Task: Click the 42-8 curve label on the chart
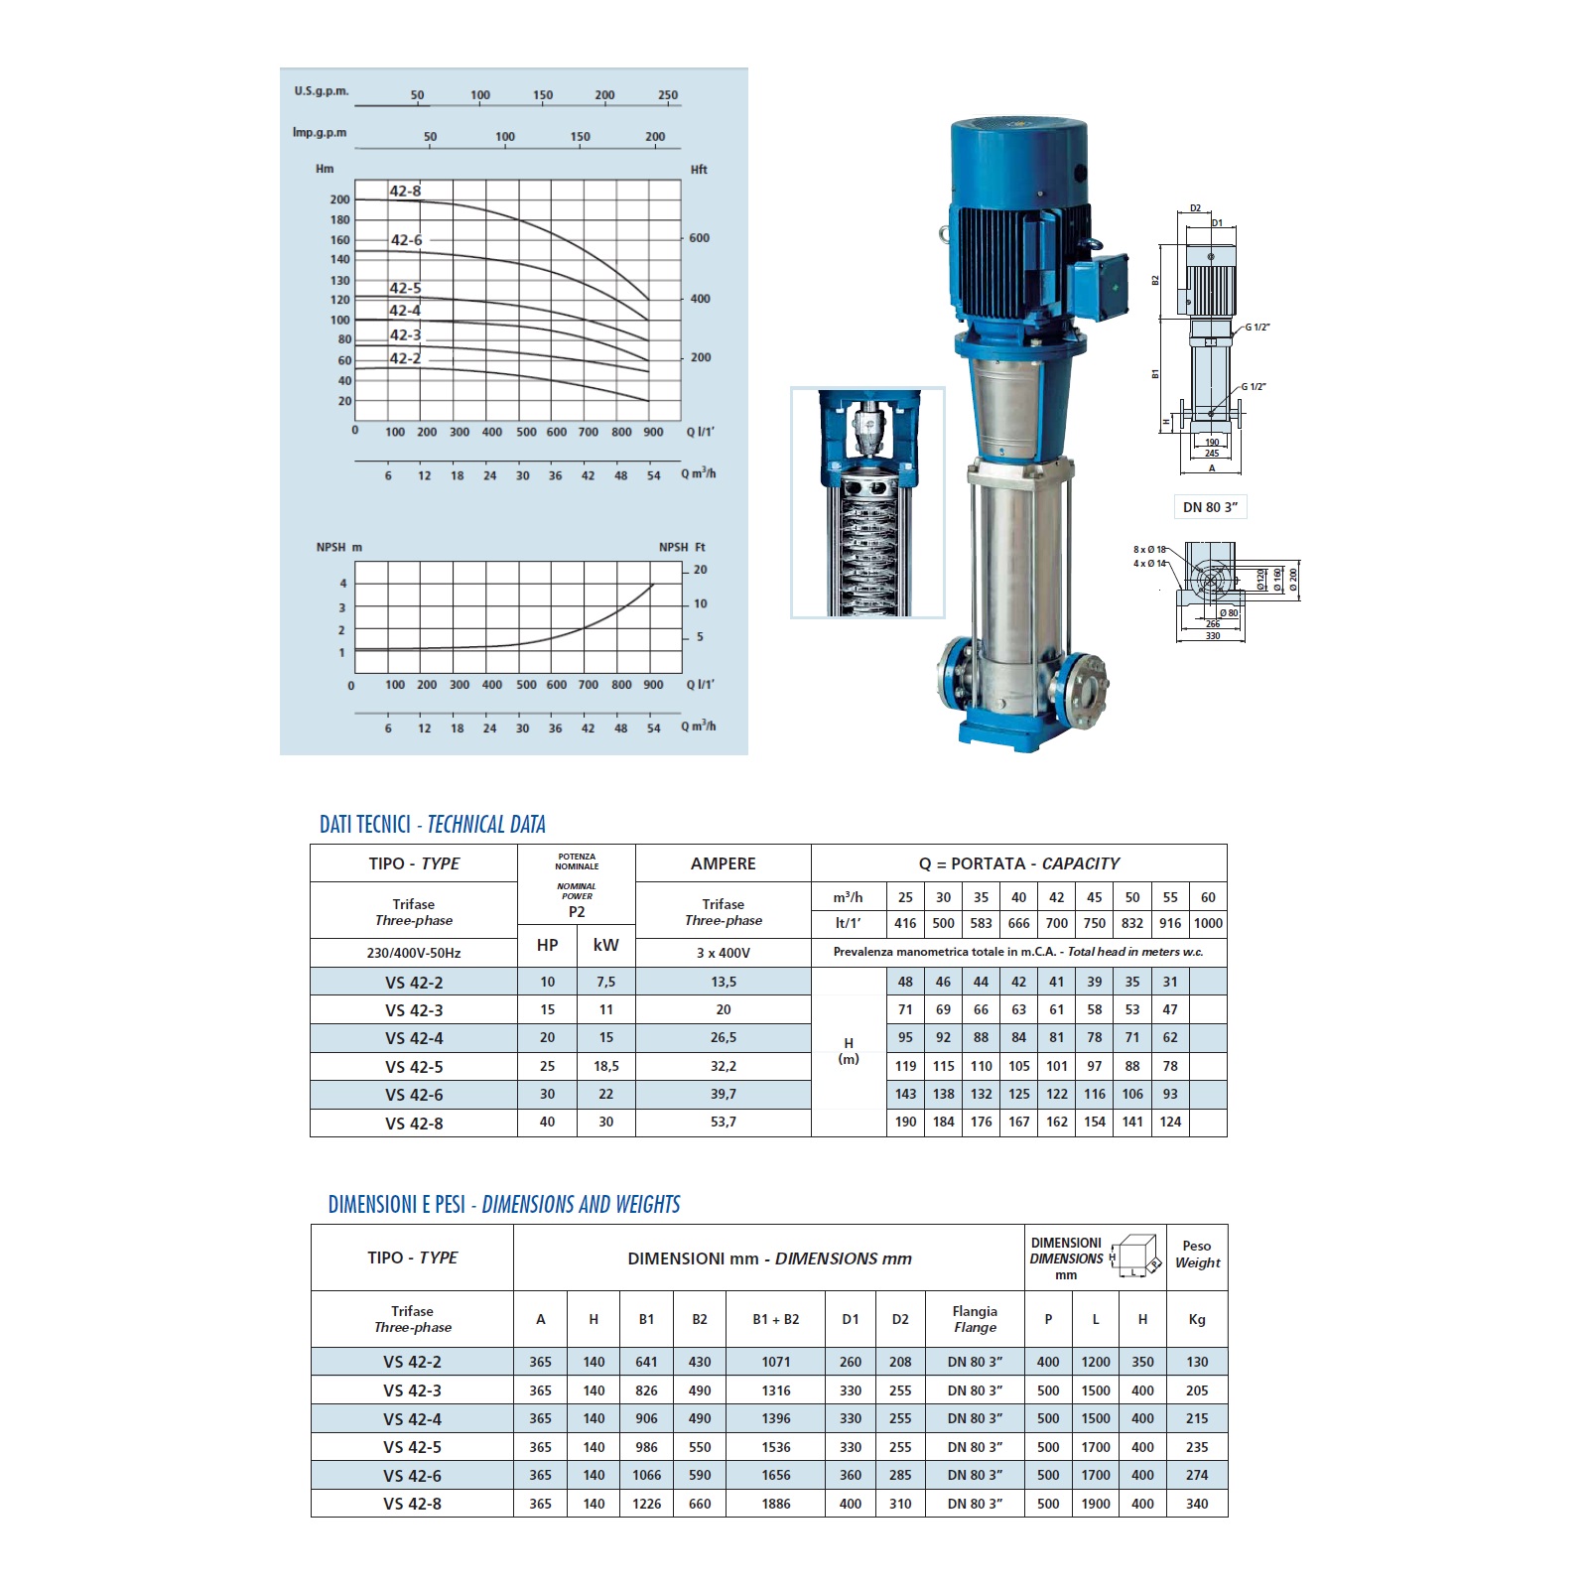click(405, 191)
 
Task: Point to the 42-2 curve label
click(405, 358)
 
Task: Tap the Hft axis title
click(699, 170)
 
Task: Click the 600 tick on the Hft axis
click(699, 238)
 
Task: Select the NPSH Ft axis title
click(682, 547)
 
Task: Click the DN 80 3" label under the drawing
click(1210, 507)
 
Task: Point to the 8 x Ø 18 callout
click(1149, 549)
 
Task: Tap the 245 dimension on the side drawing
click(1212, 454)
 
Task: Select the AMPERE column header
click(723, 863)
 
